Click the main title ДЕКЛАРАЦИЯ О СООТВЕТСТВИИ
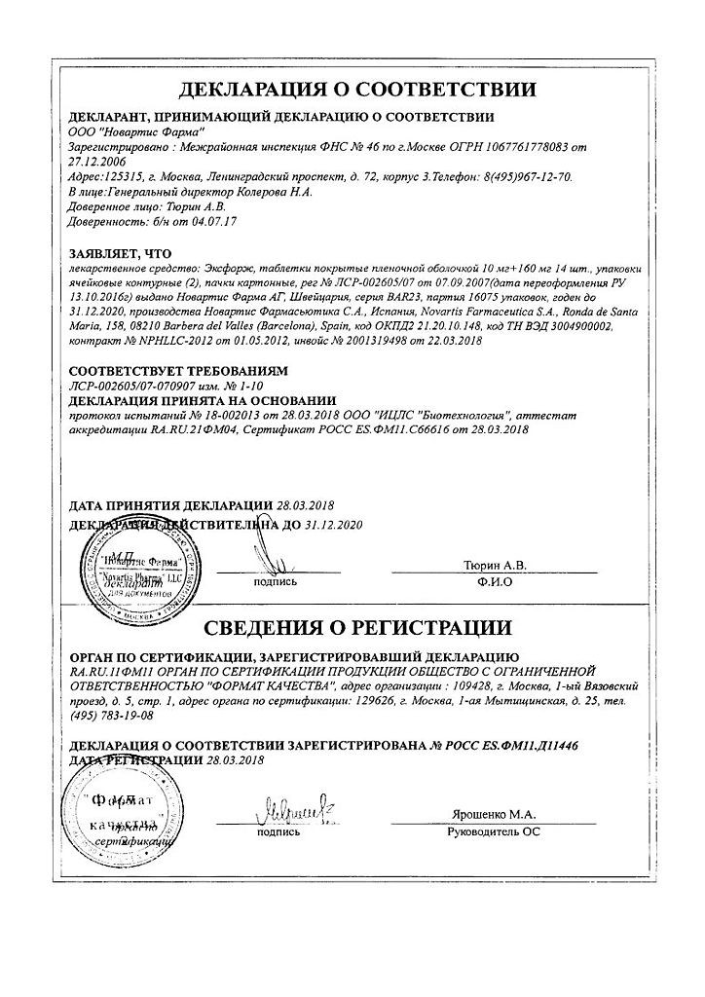coord(357,90)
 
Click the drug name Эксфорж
coord(228,267)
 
